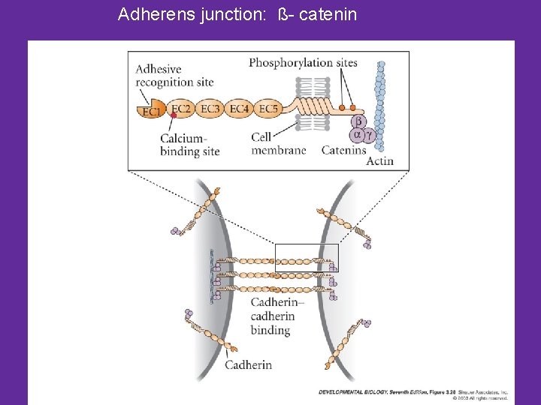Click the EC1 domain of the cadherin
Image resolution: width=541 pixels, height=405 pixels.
click(x=151, y=110)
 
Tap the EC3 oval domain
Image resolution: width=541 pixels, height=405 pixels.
click(x=211, y=109)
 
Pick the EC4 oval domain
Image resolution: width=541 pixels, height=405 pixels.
click(x=239, y=109)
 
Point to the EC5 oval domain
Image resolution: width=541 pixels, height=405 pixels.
click(x=267, y=109)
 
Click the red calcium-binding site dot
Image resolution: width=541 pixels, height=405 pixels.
click(x=174, y=116)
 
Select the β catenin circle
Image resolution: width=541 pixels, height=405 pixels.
click(x=358, y=121)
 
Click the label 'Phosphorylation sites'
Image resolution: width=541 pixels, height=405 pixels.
click(x=303, y=63)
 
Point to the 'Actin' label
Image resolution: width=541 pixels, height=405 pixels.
click(x=379, y=160)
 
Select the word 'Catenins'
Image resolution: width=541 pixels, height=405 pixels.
click(x=343, y=150)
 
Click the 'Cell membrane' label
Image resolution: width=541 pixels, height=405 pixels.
click(x=279, y=144)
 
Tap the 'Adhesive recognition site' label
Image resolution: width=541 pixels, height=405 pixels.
click(x=174, y=76)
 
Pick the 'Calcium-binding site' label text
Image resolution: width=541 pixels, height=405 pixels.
click(x=189, y=144)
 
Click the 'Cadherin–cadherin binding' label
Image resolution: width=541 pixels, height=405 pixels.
click(x=277, y=316)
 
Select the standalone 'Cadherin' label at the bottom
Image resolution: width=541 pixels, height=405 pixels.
click(x=248, y=365)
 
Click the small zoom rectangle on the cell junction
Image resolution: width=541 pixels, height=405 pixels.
click(x=307, y=257)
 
